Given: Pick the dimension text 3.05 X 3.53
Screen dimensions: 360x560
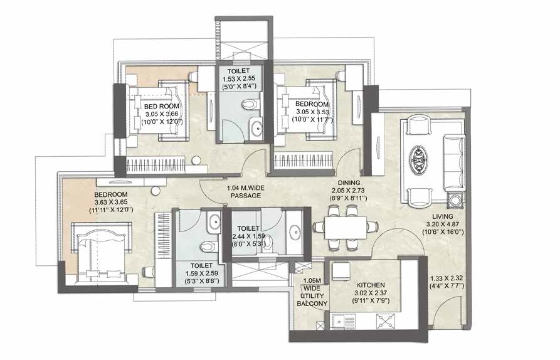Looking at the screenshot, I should pyautogui.click(x=310, y=112).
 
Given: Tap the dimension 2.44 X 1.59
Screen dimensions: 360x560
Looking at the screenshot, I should pyautogui.click(x=251, y=236).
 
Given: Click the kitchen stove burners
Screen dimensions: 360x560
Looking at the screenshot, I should pyautogui.click(x=384, y=321).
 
